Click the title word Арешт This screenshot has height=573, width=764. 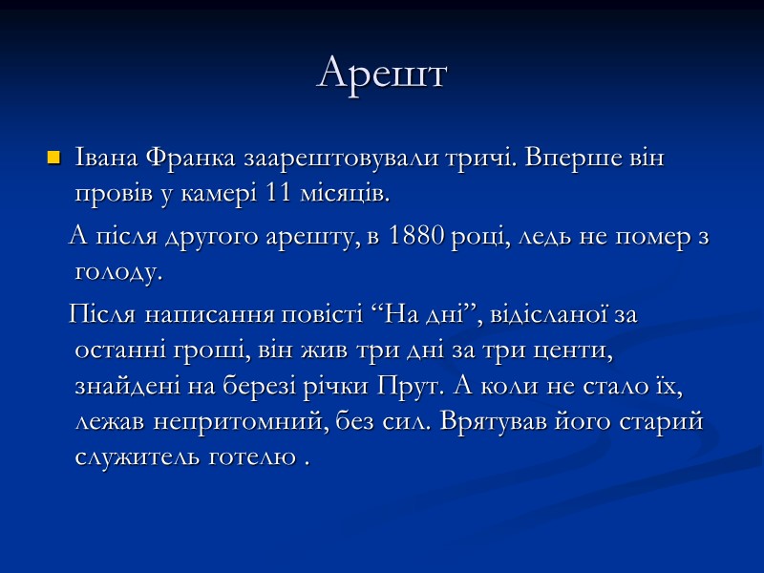pyautogui.click(x=382, y=74)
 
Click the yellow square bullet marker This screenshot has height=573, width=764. pyautogui.click(x=53, y=156)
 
